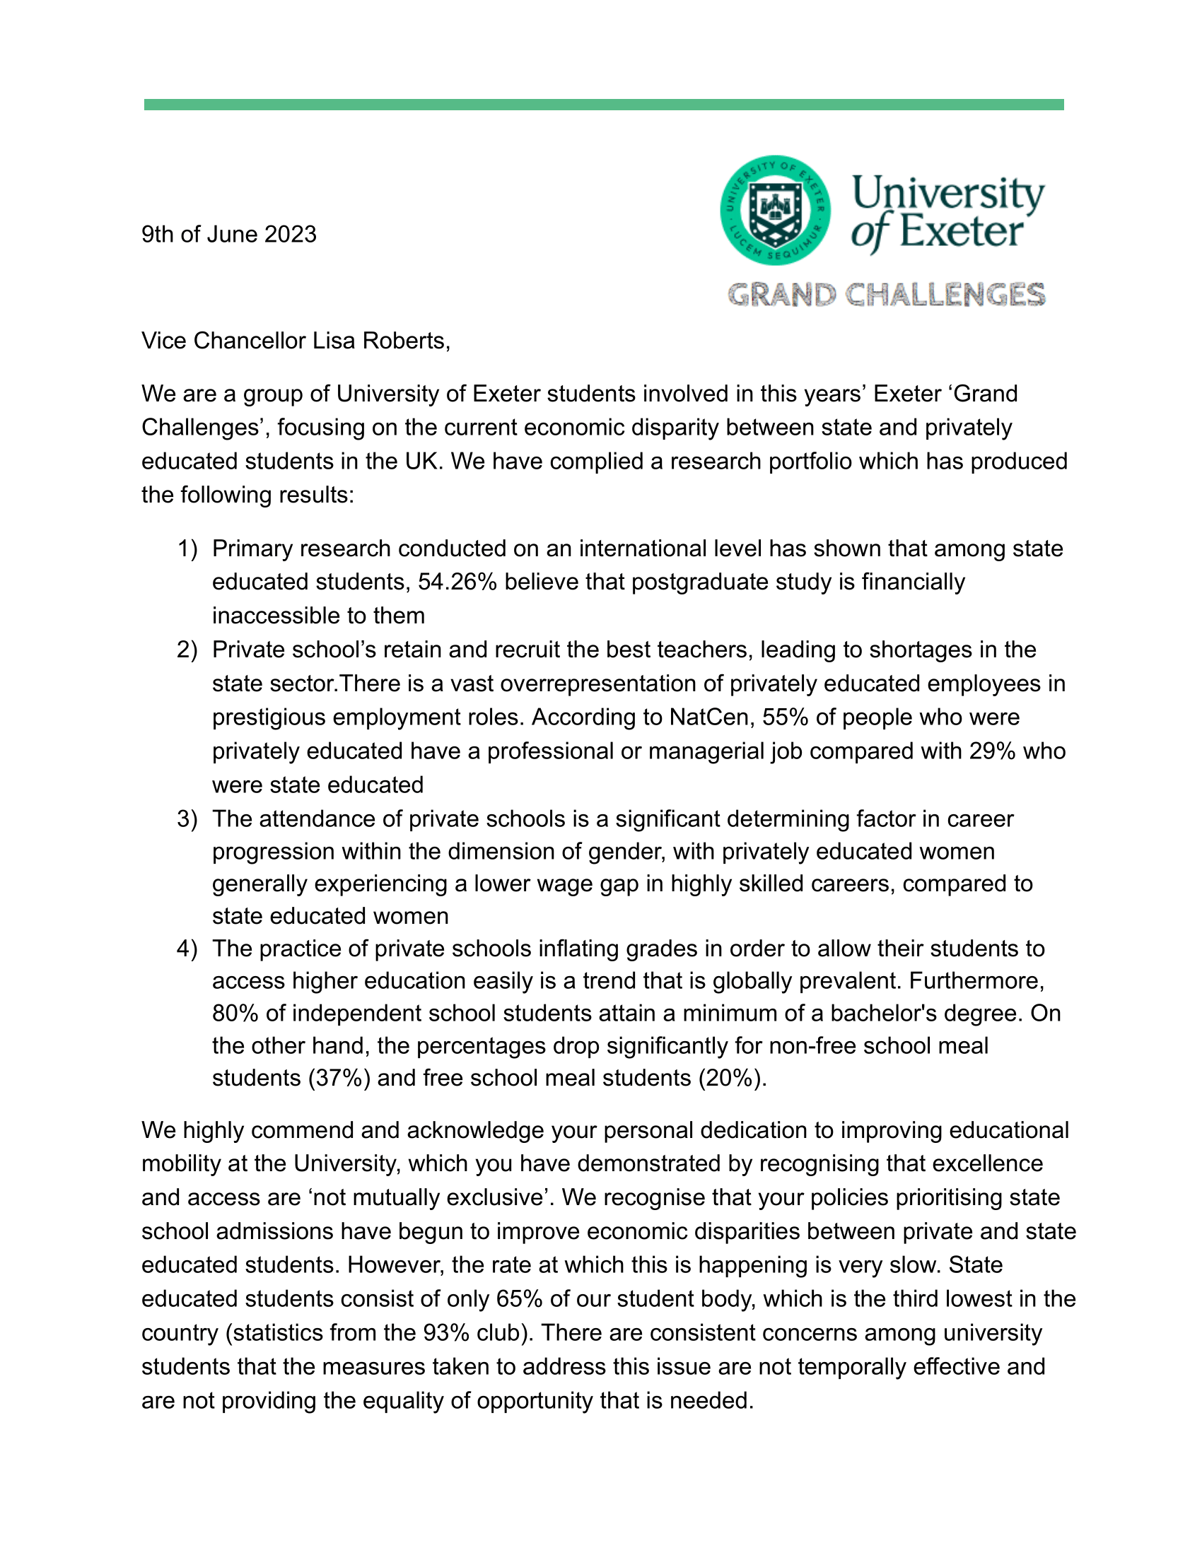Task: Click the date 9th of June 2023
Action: (x=228, y=234)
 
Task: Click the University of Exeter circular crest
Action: (x=775, y=210)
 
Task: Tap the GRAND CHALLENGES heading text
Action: (x=886, y=295)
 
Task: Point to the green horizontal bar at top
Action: (x=603, y=105)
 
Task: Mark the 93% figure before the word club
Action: (x=445, y=1332)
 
